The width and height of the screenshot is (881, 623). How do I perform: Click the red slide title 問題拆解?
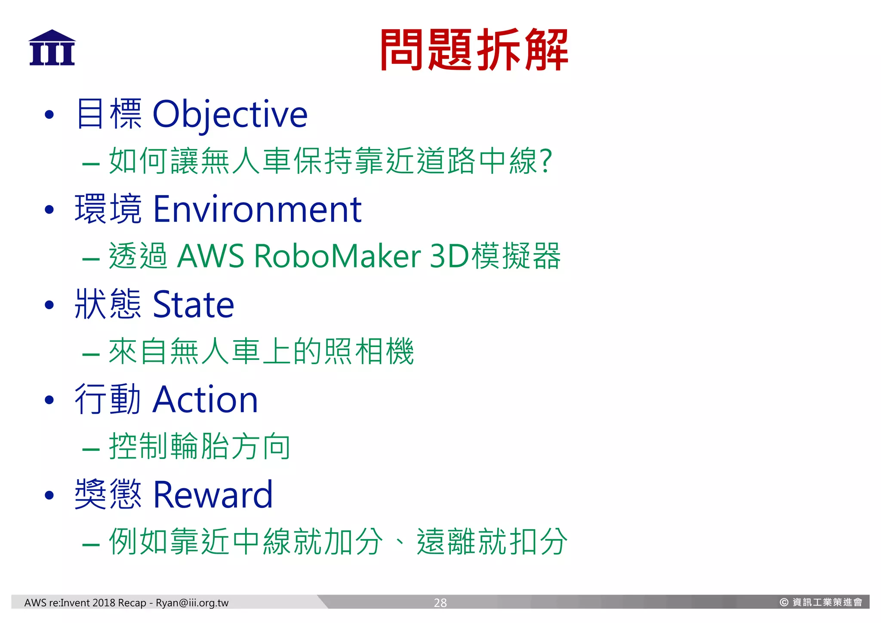(474, 50)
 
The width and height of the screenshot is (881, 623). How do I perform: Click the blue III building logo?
(52, 48)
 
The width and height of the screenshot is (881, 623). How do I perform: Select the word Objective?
(230, 115)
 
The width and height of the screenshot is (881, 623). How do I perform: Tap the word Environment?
(257, 210)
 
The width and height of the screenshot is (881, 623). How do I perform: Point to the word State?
(193, 305)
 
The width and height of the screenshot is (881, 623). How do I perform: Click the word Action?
(205, 400)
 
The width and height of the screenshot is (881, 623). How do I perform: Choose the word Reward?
(213, 495)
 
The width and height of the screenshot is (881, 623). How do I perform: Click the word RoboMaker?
(338, 256)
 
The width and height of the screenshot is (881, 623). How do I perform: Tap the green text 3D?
(449, 256)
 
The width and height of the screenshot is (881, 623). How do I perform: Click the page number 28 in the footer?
(440, 603)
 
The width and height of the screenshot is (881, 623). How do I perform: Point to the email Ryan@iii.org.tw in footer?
(192, 603)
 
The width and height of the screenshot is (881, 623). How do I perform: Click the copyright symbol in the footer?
(784, 602)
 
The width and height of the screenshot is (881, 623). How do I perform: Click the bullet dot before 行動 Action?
(49, 400)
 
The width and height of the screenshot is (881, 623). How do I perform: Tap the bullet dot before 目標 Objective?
(49, 115)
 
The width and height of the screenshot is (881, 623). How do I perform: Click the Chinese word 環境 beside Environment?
(108, 210)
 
